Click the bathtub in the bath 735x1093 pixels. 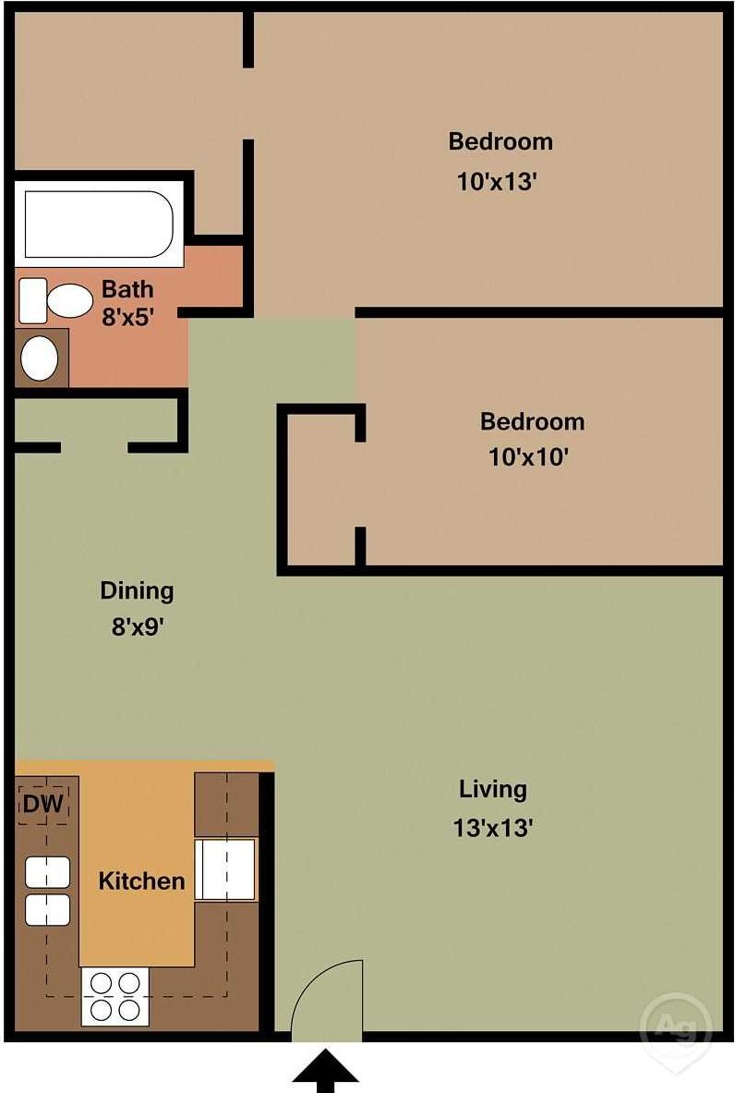point(98,224)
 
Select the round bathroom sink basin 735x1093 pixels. point(39,358)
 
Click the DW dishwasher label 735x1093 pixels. point(42,804)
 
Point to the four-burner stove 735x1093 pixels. point(115,997)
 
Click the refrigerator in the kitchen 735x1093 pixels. point(225,869)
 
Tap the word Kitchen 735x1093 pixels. point(141,880)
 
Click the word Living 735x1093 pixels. point(493,789)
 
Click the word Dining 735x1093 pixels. point(137,589)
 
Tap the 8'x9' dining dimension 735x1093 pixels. point(138,627)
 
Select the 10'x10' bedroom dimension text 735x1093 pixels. point(527,457)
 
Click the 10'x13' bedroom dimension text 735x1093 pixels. point(497,182)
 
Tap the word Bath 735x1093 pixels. point(127,288)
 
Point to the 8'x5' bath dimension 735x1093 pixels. point(127,317)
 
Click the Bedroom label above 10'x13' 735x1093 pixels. point(500,141)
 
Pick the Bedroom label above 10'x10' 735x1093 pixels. point(532,421)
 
